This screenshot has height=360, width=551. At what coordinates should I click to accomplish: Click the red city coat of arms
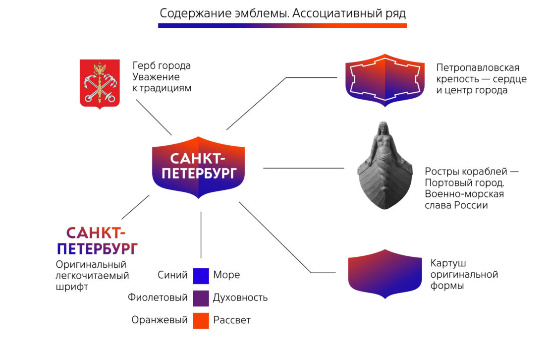100,83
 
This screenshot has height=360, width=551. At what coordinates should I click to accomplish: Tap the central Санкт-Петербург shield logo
198,167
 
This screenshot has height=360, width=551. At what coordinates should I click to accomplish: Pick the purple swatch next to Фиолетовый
201,298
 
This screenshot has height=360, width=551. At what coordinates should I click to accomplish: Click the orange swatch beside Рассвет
201,320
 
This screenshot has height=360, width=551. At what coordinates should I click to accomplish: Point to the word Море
226,275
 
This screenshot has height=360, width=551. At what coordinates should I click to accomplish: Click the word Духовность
240,298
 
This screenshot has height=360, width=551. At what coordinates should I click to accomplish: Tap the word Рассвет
232,320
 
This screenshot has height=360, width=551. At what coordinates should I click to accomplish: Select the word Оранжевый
160,320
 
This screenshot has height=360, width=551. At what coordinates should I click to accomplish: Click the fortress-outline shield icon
385,80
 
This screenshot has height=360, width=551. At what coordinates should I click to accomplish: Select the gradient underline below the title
282,25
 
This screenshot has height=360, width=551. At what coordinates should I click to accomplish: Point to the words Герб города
162,65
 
